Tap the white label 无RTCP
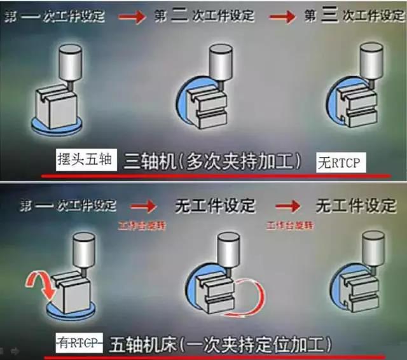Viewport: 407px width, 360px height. click(x=340, y=163)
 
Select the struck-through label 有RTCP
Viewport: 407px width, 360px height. click(x=78, y=343)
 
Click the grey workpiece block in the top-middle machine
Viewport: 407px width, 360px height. click(x=210, y=111)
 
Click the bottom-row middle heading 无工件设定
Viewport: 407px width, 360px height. click(x=214, y=206)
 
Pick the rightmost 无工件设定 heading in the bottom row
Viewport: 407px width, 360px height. click(x=356, y=206)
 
